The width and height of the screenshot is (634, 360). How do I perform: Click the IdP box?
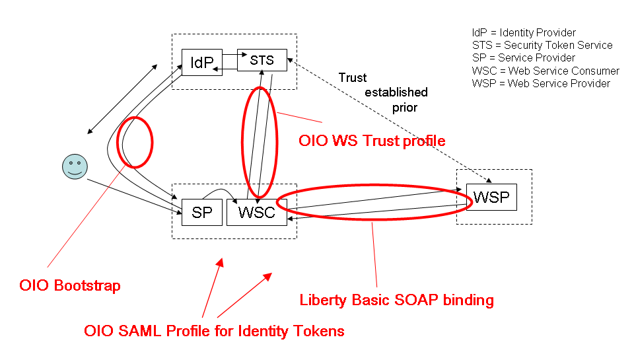201,62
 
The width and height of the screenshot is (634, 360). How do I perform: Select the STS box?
262,60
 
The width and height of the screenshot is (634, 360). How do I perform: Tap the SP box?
201,212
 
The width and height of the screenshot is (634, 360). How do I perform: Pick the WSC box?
256,212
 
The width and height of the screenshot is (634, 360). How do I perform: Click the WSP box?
491,198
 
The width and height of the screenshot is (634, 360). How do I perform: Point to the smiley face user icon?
74,166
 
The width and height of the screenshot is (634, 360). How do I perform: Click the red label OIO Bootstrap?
70,286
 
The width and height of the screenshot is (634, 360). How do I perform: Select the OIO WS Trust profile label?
372,141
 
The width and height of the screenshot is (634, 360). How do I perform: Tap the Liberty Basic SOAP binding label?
396,300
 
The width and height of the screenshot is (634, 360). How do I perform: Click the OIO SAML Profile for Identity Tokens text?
214,331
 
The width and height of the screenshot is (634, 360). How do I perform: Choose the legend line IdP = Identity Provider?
524,33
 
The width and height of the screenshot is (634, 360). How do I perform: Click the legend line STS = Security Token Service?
542,46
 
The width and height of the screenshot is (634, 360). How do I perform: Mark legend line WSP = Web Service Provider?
541,83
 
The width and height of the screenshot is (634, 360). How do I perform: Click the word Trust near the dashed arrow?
352,78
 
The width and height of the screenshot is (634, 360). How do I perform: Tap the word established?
396,92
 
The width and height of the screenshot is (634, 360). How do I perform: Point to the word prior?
404,106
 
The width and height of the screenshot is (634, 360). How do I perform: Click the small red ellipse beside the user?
135,142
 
